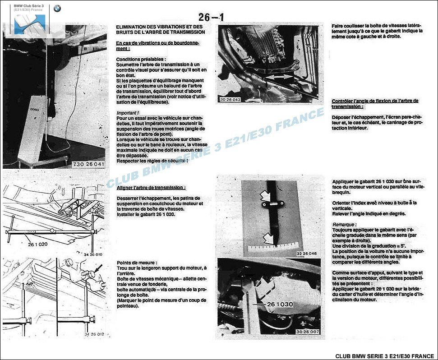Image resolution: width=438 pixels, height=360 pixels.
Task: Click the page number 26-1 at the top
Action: click(x=211, y=17)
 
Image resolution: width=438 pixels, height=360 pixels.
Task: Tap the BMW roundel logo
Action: click(x=57, y=8)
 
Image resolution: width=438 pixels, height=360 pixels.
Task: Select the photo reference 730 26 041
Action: click(x=88, y=164)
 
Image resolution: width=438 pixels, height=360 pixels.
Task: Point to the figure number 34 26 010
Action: click(x=93, y=255)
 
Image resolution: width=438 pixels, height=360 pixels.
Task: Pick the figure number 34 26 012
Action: click(x=93, y=334)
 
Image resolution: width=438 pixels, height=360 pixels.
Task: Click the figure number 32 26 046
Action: click(x=307, y=254)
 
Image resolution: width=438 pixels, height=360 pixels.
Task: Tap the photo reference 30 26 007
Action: click(x=308, y=332)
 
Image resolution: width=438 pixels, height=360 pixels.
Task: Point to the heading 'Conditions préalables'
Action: click(x=141, y=59)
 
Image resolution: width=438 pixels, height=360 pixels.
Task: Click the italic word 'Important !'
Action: click(x=128, y=112)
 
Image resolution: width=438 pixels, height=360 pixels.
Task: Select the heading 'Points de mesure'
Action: click(x=137, y=263)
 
